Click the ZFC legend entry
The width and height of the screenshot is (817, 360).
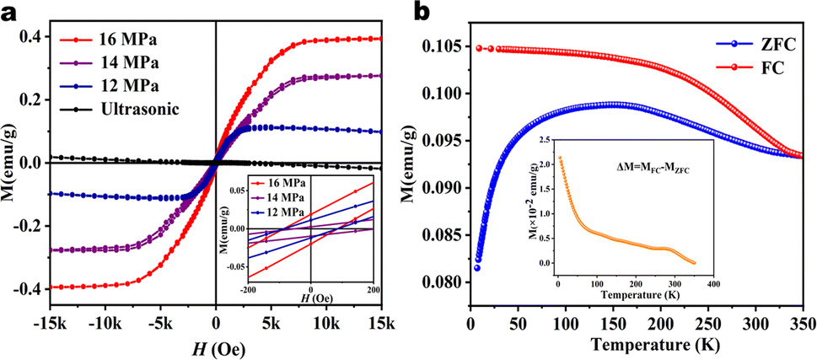coord(763,38)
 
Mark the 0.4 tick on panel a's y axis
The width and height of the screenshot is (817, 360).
coord(32,37)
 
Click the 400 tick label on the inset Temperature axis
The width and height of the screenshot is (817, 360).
coord(712,284)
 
